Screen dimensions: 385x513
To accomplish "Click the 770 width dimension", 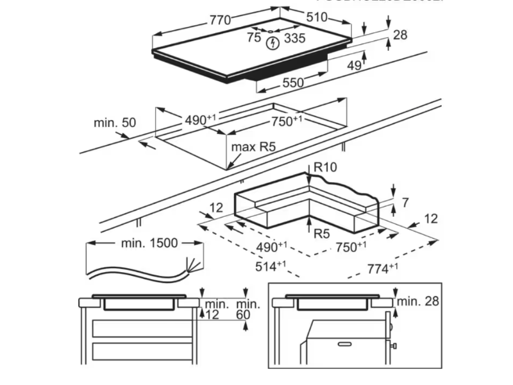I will click(219, 20).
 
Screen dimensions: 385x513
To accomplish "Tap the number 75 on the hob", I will click(254, 38).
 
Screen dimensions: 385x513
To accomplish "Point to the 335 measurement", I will click(294, 38).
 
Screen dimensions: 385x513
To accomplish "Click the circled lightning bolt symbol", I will click(273, 42).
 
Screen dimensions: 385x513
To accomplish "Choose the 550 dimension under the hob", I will click(292, 83).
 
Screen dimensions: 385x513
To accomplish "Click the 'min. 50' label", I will click(115, 122).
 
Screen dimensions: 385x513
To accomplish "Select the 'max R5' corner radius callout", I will click(253, 148).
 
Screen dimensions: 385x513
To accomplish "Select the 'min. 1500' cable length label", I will click(149, 243).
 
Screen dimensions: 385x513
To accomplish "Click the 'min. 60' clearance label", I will click(248, 309).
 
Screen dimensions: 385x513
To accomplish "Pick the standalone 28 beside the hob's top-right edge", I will click(399, 35).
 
